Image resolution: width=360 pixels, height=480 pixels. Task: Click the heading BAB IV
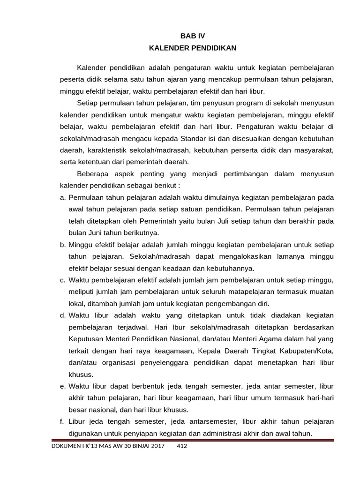click(193, 36)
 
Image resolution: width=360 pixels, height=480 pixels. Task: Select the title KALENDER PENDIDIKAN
click(193, 48)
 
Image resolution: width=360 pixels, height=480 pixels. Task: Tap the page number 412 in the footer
click(182, 446)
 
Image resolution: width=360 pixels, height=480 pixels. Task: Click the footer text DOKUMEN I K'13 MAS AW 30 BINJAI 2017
click(108, 446)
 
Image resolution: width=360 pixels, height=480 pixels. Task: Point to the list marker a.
click(63, 197)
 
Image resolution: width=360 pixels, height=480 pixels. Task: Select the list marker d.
click(63, 315)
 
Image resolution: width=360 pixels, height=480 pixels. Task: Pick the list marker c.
click(63, 280)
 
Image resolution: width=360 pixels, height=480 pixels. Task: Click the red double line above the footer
click(193, 440)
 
